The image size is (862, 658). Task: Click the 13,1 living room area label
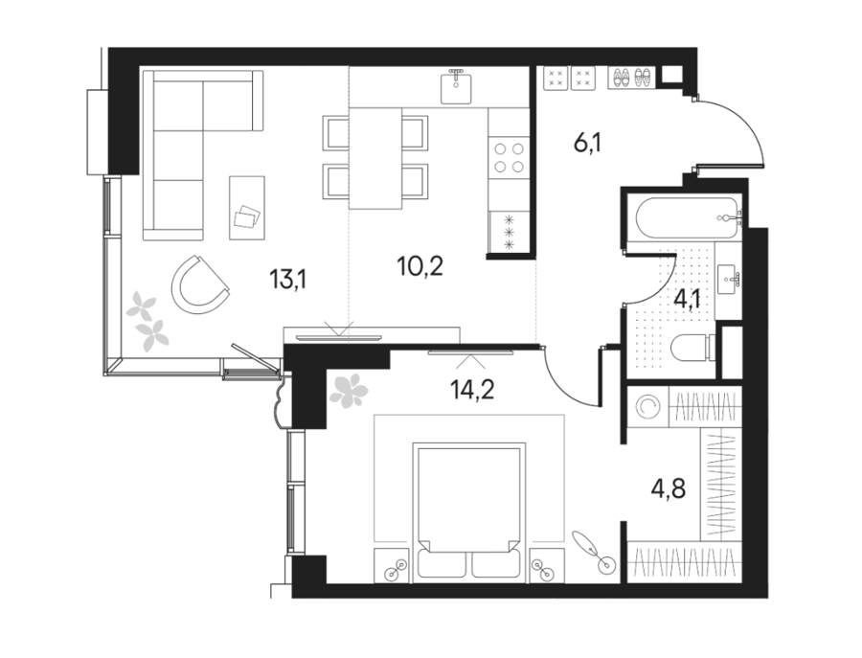[287, 280]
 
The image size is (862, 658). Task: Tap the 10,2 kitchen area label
[420, 266]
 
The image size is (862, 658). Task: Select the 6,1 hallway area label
[588, 144]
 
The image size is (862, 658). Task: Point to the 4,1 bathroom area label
[687, 300]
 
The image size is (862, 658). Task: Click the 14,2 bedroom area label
[472, 389]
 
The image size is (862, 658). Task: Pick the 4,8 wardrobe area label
[668, 488]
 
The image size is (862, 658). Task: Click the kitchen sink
[456, 87]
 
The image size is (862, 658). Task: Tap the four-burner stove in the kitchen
[509, 158]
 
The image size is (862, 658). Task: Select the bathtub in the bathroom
[687, 218]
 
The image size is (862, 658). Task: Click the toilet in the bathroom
[693, 348]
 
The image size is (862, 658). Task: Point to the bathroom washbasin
[729, 280]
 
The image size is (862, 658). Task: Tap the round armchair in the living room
[199, 284]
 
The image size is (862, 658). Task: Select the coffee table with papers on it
[247, 207]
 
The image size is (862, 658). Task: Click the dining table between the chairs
[374, 158]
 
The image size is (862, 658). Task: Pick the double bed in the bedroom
[468, 511]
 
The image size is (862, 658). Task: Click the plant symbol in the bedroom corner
[348, 390]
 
